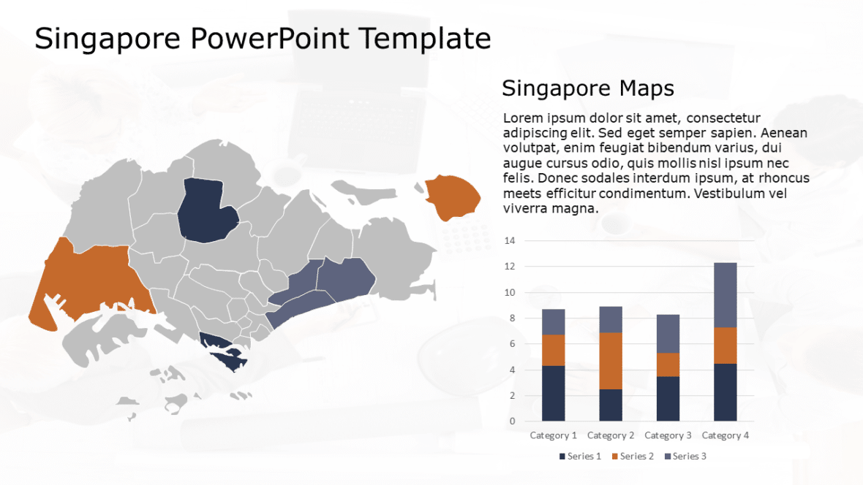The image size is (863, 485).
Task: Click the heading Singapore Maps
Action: pyautogui.click(x=587, y=89)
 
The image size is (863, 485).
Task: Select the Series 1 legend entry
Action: pyautogui.click(x=581, y=457)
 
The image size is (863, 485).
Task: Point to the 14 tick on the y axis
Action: pyautogui.click(x=510, y=241)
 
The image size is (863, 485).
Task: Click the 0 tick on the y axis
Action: pyautogui.click(x=512, y=421)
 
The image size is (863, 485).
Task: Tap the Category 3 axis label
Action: pyautogui.click(x=668, y=435)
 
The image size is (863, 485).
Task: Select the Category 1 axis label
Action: pyautogui.click(x=553, y=435)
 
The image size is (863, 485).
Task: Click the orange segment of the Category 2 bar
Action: pyautogui.click(x=611, y=361)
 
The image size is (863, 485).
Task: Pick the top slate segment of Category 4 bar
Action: pyautogui.click(x=725, y=295)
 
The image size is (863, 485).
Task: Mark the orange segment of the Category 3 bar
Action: pyautogui.click(x=668, y=364)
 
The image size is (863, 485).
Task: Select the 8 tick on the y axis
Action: pyautogui.click(x=512, y=318)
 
